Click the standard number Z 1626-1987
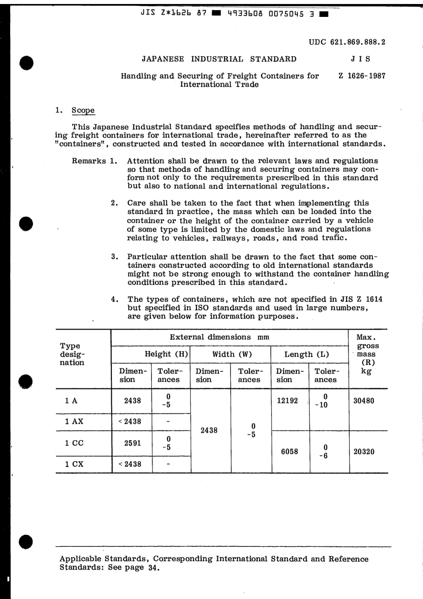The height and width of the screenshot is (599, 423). pyautogui.click(x=362, y=76)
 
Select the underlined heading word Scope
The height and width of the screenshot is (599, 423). pyautogui.click(x=83, y=110)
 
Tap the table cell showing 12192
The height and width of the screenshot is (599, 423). pyautogui.click(x=287, y=400)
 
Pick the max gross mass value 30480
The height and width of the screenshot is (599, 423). pyautogui.click(x=364, y=400)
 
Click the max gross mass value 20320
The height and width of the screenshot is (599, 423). pyautogui.click(x=364, y=452)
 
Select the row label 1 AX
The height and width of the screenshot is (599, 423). pyautogui.click(x=74, y=421)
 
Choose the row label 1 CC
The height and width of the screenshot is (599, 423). pyautogui.click(x=74, y=443)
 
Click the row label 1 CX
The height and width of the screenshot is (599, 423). pyautogui.click(x=74, y=464)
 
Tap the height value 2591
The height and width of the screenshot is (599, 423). pyautogui.click(x=133, y=443)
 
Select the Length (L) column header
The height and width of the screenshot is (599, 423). pyautogui.click(x=307, y=355)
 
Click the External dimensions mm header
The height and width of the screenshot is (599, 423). pyautogui.click(x=220, y=337)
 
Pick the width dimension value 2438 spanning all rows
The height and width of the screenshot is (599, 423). pyautogui.click(x=209, y=430)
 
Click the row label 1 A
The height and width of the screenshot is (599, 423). pyautogui.click(x=71, y=400)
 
